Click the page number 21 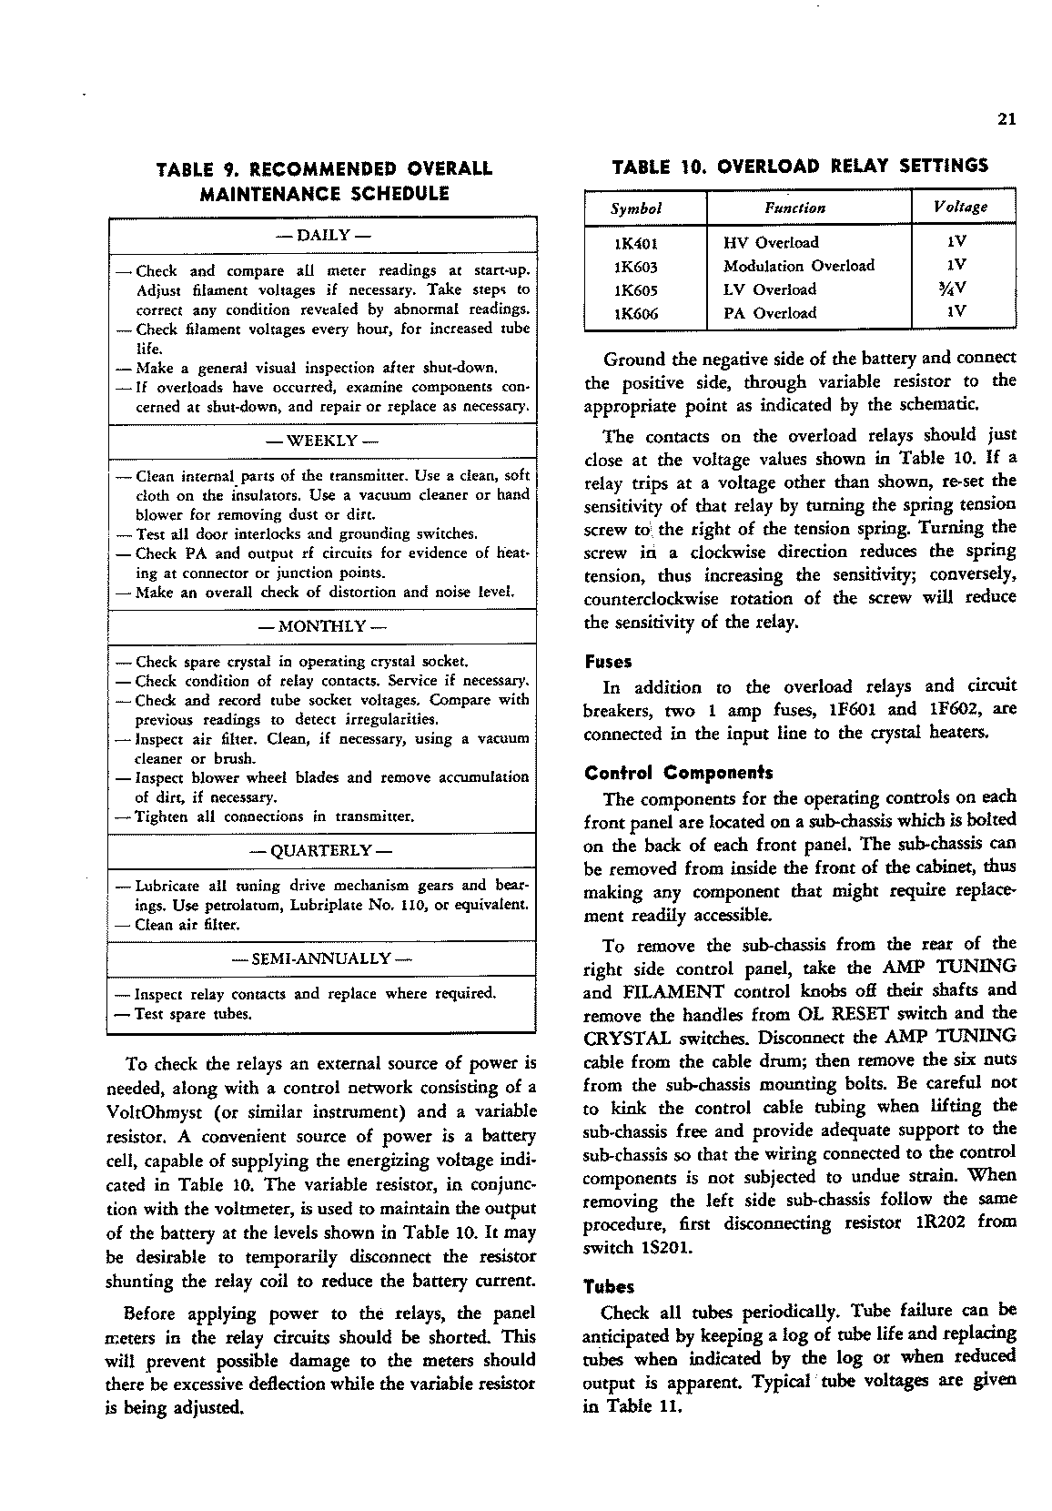(x=1006, y=119)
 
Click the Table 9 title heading (x=324, y=180)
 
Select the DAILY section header (x=323, y=235)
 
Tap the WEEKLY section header (x=323, y=441)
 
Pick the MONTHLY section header (x=323, y=627)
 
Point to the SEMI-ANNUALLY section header (x=323, y=958)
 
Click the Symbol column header (x=636, y=208)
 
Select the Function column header (x=794, y=208)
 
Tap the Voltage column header (x=960, y=208)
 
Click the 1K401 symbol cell (x=636, y=243)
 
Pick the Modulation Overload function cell (x=798, y=266)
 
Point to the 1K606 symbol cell (x=636, y=313)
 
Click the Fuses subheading (x=609, y=662)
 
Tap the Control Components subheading (x=678, y=774)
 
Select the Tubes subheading (x=609, y=1287)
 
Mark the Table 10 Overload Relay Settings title (x=800, y=167)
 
